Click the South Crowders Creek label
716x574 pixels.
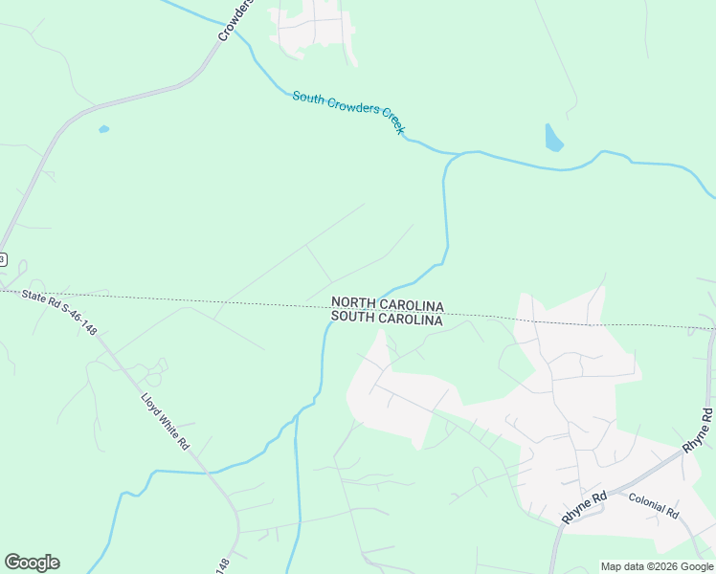point(349,112)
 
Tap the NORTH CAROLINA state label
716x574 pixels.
point(387,304)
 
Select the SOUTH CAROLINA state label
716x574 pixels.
point(387,320)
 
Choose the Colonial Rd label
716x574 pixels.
point(653,505)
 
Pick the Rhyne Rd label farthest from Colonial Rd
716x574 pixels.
point(698,430)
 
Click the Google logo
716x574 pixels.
point(32,563)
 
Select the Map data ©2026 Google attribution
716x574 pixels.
point(658,566)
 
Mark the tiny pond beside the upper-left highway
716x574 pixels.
point(103,129)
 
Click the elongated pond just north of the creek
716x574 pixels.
point(553,139)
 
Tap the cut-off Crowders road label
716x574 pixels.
point(235,19)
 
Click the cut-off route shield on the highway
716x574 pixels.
point(3,259)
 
